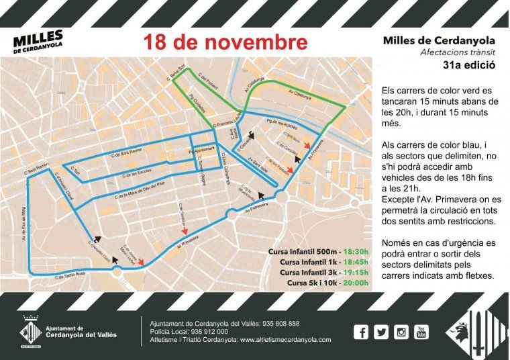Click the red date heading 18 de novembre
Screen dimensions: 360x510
pyautogui.click(x=225, y=42)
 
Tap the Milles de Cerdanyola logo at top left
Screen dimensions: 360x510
pyautogui.click(x=38, y=42)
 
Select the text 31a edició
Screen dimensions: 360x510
pyautogui.click(x=469, y=66)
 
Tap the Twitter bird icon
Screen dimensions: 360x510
pyautogui.click(x=381, y=331)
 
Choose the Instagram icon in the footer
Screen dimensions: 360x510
pyautogui.click(x=401, y=331)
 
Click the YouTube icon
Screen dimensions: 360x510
pyautogui.click(x=421, y=331)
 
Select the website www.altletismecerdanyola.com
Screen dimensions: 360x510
pyautogui.click(x=285, y=339)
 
